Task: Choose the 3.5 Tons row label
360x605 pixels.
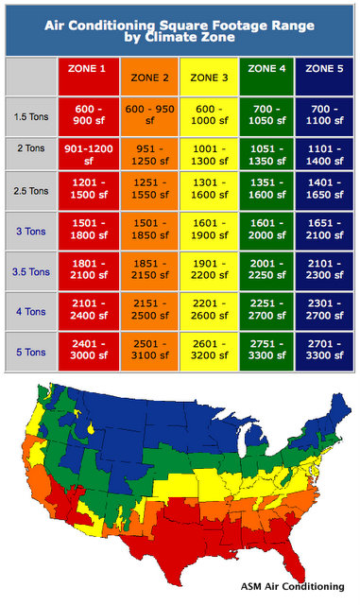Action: (x=29, y=271)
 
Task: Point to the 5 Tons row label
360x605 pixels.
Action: (x=29, y=352)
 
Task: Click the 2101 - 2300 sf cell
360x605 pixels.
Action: (x=326, y=271)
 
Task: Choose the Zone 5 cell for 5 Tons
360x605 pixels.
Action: (x=326, y=352)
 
